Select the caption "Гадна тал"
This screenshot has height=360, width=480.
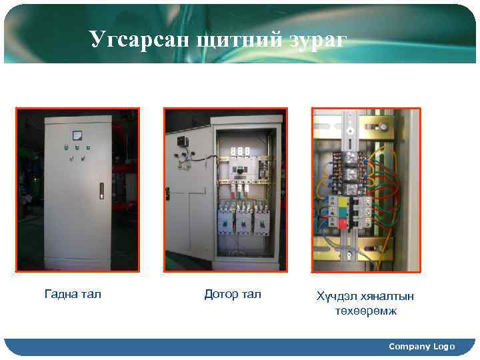pyautogui.click(x=73, y=294)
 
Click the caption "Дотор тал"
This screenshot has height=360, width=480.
pyautogui.click(x=233, y=294)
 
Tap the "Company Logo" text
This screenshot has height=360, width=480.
pyautogui.click(x=421, y=346)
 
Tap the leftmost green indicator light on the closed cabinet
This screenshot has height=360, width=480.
pyautogui.click(x=67, y=148)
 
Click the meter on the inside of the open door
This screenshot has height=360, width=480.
pyautogui.click(x=181, y=141)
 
